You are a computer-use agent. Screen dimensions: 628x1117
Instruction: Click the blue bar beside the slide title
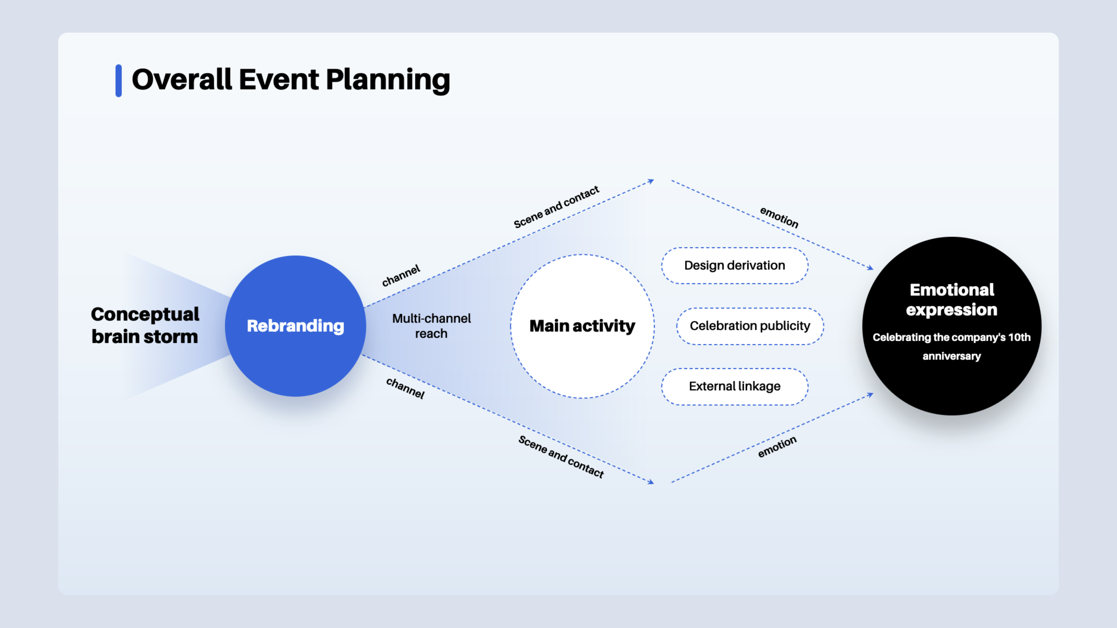click(x=118, y=81)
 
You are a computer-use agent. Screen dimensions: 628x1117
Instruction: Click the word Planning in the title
click(x=388, y=81)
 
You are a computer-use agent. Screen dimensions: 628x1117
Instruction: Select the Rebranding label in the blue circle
click(x=295, y=326)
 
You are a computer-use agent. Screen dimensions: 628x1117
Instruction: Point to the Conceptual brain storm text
click(x=145, y=325)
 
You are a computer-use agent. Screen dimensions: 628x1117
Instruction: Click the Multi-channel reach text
click(x=431, y=326)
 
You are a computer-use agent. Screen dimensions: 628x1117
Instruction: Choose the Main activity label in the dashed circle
click(x=582, y=326)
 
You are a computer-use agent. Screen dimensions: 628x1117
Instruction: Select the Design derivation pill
click(x=734, y=265)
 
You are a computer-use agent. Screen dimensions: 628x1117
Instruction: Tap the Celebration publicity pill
click(x=750, y=326)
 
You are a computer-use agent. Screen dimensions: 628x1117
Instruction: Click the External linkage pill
click(x=734, y=386)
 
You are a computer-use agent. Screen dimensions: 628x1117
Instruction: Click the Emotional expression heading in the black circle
click(x=951, y=299)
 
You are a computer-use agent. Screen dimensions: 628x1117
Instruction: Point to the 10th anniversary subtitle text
click(x=951, y=346)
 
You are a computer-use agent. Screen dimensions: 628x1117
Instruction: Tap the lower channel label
click(x=405, y=388)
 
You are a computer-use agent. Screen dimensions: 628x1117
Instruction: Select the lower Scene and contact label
click(x=561, y=456)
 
